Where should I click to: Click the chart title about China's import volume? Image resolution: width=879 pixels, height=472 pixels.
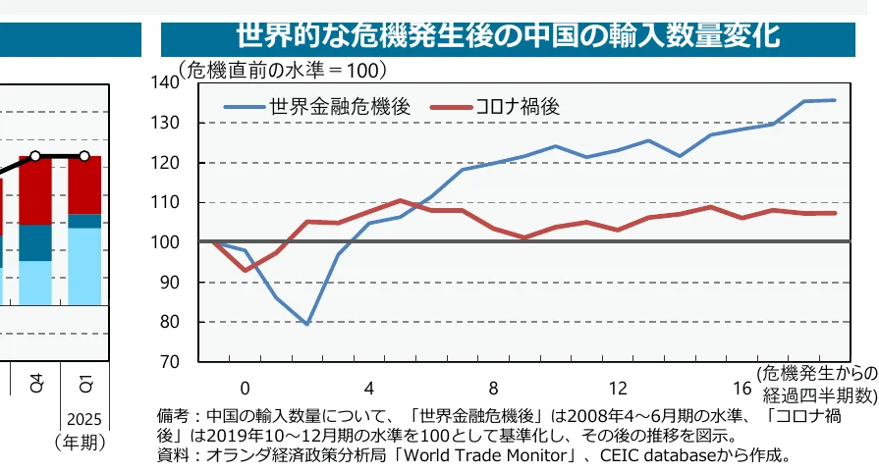pyautogui.click(x=508, y=35)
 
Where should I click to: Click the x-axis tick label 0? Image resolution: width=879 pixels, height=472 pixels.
pyautogui.click(x=245, y=386)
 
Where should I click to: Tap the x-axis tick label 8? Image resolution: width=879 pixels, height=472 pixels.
pyautogui.click(x=493, y=386)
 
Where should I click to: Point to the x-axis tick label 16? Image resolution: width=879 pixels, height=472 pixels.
pyautogui.click(x=742, y=386)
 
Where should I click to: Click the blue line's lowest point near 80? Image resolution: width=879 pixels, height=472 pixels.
pyautogui.click(x=307, y=324)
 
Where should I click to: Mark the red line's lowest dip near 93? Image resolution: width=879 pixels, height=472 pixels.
pyautogui.click(x=246, y=270)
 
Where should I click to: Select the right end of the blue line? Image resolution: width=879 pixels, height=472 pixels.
pyautogui.click(x=835, y=100)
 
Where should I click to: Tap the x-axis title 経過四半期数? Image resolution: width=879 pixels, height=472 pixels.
pyautogui.click(x=818, y=394)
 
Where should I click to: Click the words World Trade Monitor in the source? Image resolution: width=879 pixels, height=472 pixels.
pyautogui.click(x=510, y=455)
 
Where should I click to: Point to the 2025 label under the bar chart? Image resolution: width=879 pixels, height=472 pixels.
pyautogui.click(x=84, y=419)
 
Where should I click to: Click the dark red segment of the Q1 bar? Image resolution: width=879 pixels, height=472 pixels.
pyautogui.click(x=83, y=184)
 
